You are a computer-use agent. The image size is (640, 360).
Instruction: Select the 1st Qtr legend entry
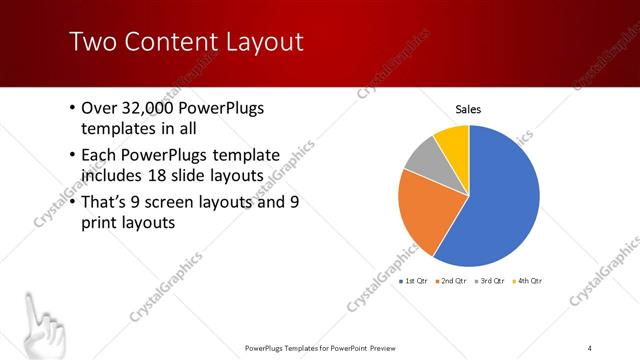point(415,281)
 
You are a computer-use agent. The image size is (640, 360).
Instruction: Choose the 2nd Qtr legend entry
point(453,281)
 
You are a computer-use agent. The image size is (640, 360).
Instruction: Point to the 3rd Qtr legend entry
point(491,281)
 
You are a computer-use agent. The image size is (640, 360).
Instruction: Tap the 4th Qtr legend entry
point(527,281)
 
